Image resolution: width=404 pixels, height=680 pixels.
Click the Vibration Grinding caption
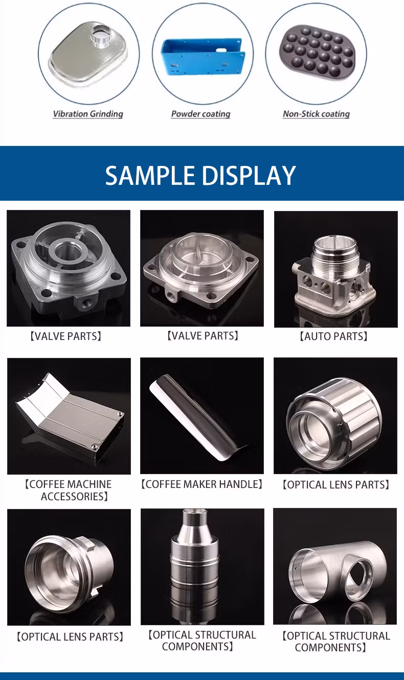88,114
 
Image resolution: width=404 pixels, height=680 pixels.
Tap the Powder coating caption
200,114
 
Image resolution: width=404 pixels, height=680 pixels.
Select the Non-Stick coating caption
316,114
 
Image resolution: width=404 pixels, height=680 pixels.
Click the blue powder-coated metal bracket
203,56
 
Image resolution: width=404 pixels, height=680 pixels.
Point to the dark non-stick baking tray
317,52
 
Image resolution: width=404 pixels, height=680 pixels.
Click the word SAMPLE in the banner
150,176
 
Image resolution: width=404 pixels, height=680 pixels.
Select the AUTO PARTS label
333,336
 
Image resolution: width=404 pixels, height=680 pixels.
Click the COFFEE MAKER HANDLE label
201,484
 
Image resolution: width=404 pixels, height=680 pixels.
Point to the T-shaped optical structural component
336,572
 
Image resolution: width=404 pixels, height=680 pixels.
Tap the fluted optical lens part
334,420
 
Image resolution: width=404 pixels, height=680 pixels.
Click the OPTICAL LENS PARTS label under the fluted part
336,485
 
